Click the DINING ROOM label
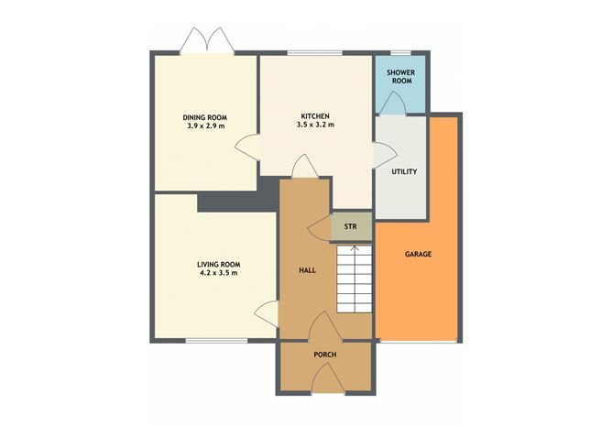click(205, 116)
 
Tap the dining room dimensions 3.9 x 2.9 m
click(205, 126)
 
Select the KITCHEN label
click(315, 116)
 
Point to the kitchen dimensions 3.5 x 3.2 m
click(315, 126)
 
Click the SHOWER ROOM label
click(399, 76)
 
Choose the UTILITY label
click(403, 171)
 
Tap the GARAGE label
click(418, 254)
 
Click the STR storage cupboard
click(350, 226)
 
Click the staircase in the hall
click(354, 279)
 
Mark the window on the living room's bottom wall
click(216, 340)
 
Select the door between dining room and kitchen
click(247, 147)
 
